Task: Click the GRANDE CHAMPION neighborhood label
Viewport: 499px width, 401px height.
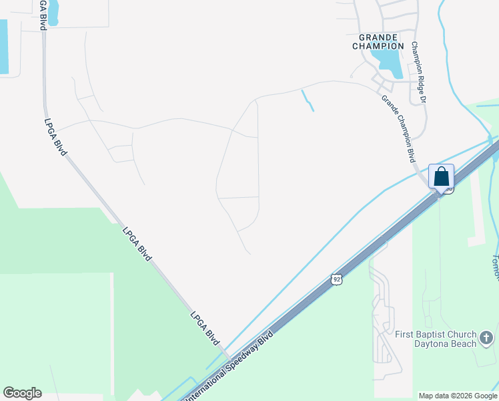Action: coord(378,41)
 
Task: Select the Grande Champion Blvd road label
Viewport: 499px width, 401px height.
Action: coord(398,128)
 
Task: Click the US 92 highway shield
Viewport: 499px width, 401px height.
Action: coord(336,280)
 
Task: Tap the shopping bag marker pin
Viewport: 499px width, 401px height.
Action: coord(441,177)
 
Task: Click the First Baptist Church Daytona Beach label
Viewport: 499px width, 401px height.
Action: coord(435,339)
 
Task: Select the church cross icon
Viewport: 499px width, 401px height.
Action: coord(486,338)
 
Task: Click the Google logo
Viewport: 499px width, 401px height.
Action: coord(22,393)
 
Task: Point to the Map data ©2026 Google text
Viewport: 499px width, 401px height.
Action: coord(457,396)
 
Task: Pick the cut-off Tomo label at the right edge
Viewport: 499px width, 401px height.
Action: coord(495,267)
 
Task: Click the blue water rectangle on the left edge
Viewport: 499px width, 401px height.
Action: coord(3,47)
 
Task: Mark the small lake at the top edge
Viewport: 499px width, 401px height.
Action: coord(52,9)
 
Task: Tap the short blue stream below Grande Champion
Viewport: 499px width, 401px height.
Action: coord(308,100)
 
